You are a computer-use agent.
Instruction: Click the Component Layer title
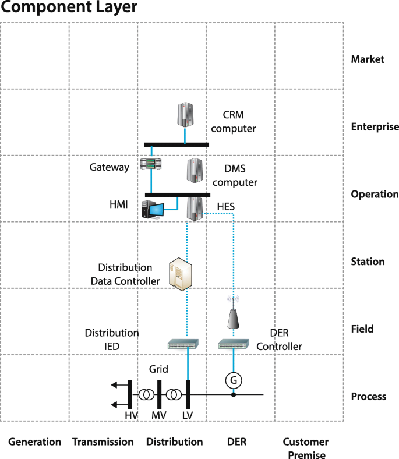[69, 8]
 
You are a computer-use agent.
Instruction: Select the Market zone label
[367, 59]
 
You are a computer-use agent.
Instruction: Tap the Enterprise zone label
[375, 126]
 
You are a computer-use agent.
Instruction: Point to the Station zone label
[368, 262]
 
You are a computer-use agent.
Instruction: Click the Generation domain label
[34, 442]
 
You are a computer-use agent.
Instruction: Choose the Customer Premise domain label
[306, 448]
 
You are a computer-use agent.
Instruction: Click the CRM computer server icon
[185, 115]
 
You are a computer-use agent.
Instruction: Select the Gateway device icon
[150, 165]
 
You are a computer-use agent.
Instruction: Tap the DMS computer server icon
[195, 171]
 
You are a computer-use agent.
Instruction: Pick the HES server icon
[195, 209]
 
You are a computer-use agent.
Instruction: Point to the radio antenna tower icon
[233, 315]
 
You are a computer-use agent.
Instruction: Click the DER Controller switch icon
[233, 345]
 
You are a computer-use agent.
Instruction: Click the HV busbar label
[131, 415]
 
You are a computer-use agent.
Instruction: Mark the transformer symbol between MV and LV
[173, 395]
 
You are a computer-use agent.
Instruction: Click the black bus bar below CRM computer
[176, 144]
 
